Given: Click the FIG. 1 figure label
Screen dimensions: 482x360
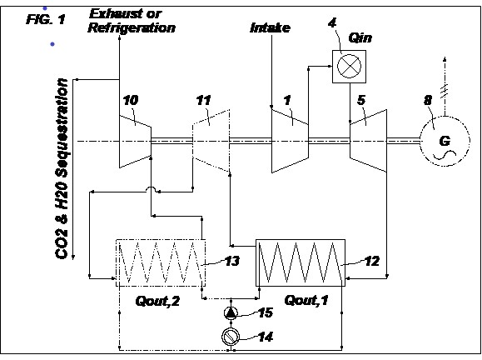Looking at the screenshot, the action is [46, 20].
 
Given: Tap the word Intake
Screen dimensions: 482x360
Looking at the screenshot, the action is [271, 28].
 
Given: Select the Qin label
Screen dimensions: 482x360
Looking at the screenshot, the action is [360, 38].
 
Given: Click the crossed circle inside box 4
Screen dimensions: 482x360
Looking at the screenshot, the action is [349, 67].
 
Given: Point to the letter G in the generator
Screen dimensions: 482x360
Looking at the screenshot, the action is [445, 141].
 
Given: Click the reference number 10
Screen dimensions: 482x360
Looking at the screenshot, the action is [131, 100].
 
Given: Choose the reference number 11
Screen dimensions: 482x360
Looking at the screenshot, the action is [203, 100].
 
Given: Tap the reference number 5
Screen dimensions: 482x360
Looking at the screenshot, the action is [361, 100].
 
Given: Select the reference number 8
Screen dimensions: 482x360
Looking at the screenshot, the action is [428, 100].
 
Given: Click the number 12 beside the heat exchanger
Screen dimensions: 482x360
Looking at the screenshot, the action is [372, 261].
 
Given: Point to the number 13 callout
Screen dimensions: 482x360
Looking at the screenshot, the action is [232, 261].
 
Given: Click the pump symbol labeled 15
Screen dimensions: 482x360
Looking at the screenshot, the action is [231, 313].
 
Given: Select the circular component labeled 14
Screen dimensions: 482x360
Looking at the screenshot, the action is [231, 337].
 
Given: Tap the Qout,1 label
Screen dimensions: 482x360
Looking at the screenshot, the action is [306, 300].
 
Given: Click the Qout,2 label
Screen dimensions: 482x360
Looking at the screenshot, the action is [157, 301].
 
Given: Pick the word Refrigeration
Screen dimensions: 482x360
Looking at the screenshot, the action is [132, 28].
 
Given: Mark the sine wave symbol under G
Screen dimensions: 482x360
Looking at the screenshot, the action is [445, 155].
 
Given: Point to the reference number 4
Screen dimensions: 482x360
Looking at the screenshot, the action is [332, 22].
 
